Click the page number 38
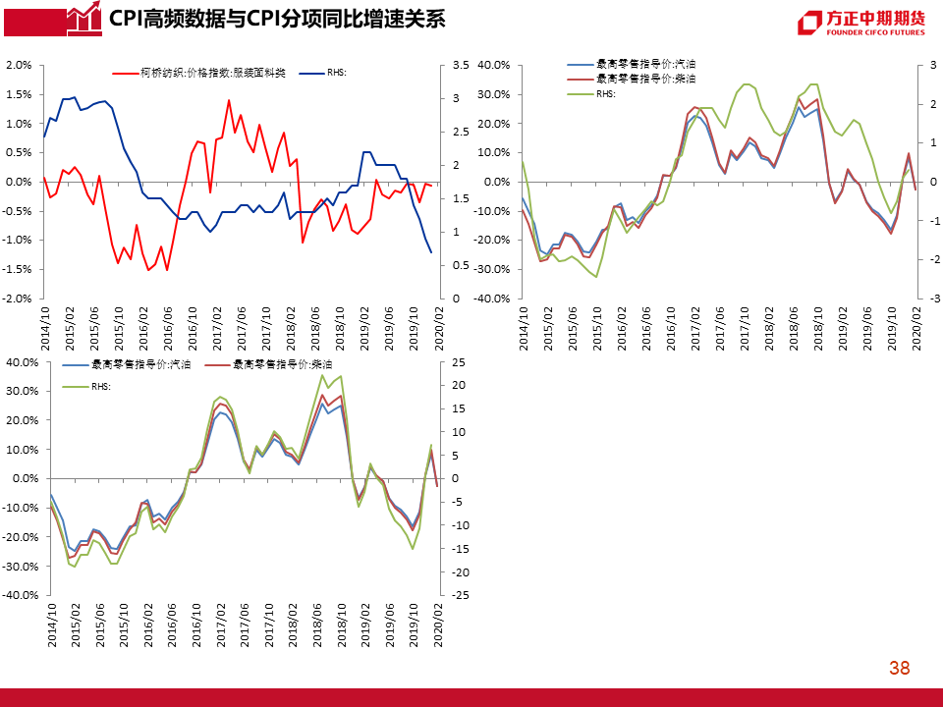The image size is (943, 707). click(x=899, y=669)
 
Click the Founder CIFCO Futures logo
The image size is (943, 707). click(x=860, y=23)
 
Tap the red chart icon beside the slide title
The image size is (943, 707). click(x=84, y=18)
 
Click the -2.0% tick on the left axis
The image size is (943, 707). click(x=20, y=299)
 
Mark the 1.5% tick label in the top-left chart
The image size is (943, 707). click(x=20, y=94)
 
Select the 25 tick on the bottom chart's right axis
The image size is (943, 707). click(x=458, y=362)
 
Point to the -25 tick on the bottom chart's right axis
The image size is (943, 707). click(x=460, y=595)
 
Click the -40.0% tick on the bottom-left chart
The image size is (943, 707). click(x=19, y=595)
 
